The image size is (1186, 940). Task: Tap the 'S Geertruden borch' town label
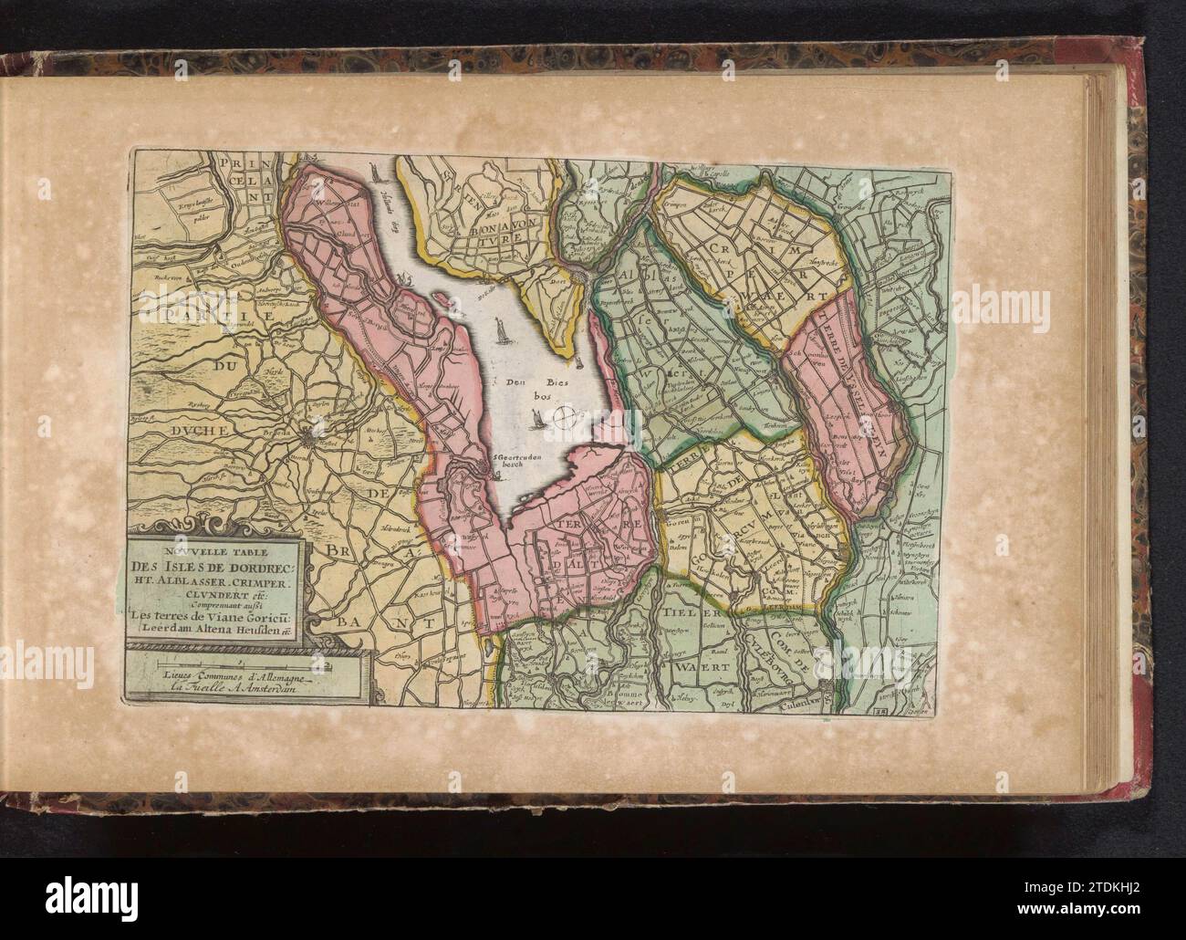(x=514, y=458)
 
